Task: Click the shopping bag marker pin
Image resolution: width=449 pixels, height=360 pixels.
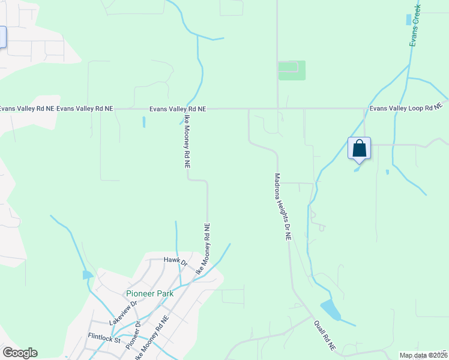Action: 359,148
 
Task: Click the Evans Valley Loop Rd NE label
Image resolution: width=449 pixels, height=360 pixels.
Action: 406,109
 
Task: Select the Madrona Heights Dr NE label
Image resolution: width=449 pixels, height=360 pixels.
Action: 282,207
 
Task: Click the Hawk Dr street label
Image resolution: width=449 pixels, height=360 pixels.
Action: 175,261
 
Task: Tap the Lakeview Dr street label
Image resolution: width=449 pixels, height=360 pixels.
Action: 123,313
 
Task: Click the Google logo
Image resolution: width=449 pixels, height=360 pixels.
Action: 20,353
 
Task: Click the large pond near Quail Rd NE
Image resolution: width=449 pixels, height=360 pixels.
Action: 331,310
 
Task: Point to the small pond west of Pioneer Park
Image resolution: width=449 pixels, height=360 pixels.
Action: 87,275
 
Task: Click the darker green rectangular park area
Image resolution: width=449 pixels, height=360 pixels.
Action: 292,70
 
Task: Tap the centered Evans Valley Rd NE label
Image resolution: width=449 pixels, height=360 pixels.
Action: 178,109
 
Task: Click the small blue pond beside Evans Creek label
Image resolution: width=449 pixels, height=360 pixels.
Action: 409,19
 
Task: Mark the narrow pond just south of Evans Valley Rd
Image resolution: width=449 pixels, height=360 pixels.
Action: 143,122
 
